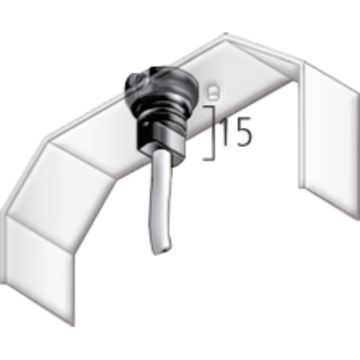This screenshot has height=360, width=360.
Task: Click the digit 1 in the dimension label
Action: coord(225,132)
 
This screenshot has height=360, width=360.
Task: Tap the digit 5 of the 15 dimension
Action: coord(244,132)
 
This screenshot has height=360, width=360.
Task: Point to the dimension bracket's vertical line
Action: coord(214,133)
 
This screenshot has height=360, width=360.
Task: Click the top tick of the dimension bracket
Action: coord(208,107)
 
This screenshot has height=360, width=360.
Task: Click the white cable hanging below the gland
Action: coord(160,202)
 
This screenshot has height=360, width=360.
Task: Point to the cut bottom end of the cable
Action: coord(163,251)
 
